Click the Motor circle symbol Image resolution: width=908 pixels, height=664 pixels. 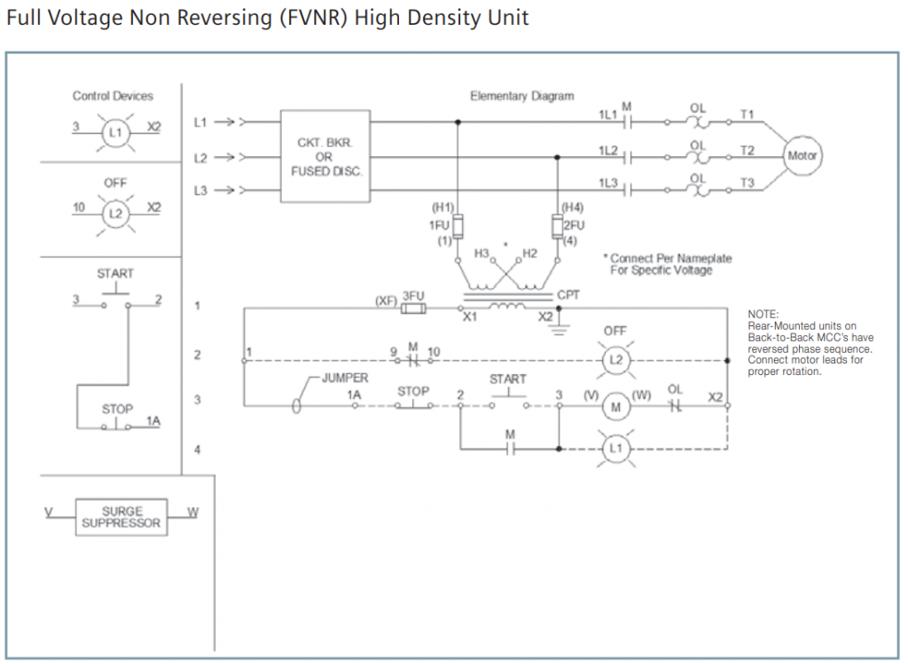click(x=802, y=155)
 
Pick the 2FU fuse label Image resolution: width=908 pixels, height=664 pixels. click(x=574, y=225)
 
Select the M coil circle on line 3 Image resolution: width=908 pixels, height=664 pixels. click(x=615, y=406)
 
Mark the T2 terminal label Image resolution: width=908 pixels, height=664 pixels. click(x=748, y=150)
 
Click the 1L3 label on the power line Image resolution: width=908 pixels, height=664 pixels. click(x=607, y=182)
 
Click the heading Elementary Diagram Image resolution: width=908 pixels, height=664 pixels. click(x=521, y=96)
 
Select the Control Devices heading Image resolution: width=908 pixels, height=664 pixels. click(x=113, y=96)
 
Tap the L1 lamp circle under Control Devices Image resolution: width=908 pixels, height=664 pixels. click(x=113, y=132)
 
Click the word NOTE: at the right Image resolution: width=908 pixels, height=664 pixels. click(x=763, y=315)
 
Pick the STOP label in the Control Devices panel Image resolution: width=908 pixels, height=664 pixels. click(x=117, y=409)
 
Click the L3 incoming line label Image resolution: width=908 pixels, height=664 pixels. click(x=200, y=190)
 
